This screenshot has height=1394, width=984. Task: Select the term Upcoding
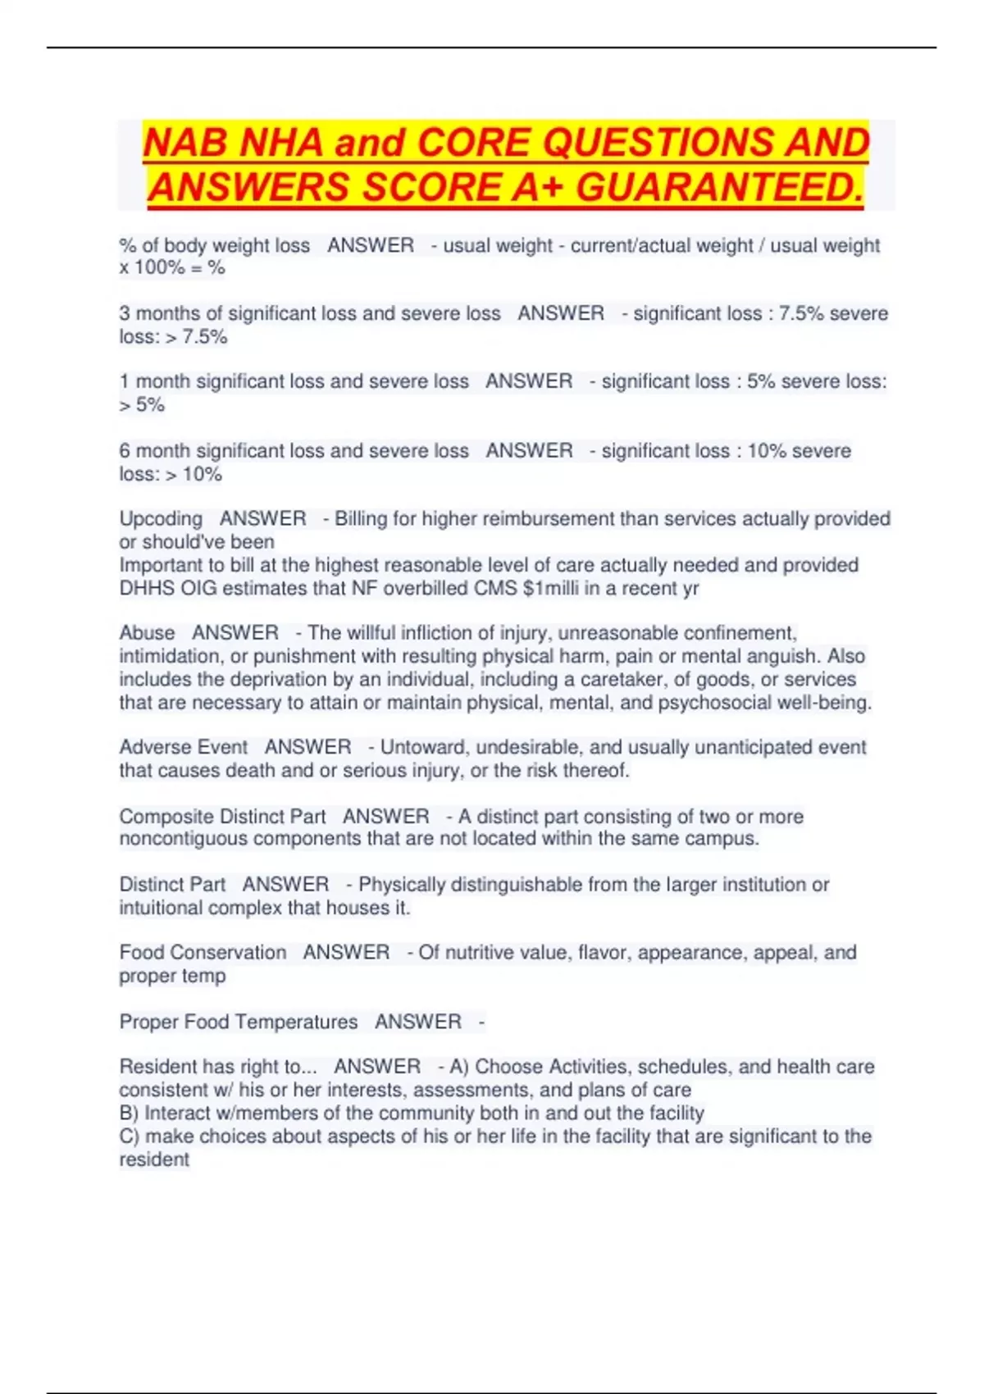[x=161, y=519]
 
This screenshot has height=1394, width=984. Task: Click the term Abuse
[x=147, y=633]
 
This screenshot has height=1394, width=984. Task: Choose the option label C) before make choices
[x=130, y=1137]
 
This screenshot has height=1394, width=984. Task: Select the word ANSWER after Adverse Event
[x=307, y=748]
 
